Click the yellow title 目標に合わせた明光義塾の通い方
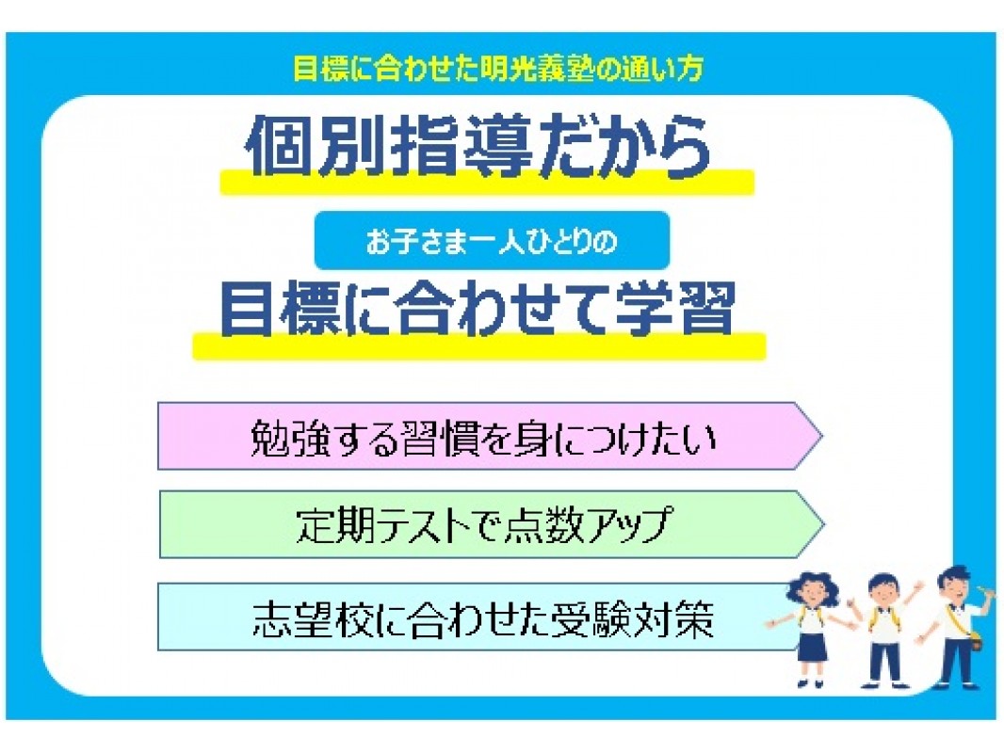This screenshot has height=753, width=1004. click(x=497, y=69)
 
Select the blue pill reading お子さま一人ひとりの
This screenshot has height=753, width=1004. click(x=492, y=241)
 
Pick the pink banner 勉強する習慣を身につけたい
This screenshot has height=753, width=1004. click(x=490, y=437)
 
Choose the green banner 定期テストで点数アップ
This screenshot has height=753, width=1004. click(x=491, y=524)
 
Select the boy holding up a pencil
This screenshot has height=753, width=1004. click(x=955, y=626)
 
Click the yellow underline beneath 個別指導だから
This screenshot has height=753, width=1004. click(x=487, y=183)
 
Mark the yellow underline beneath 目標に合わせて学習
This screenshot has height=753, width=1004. click(x=479, y=345)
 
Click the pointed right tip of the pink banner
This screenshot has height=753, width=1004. click(x=822, y=437)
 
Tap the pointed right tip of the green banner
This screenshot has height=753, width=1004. click(x=824, y=524)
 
